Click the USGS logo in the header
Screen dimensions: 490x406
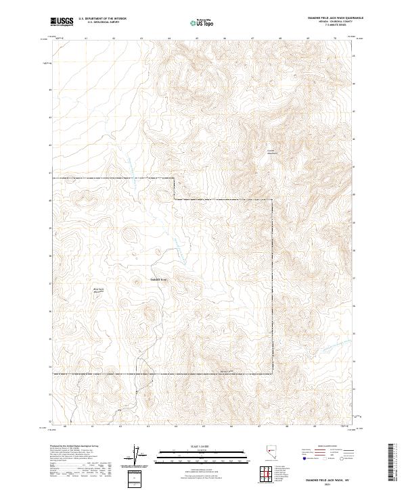click(62, 22)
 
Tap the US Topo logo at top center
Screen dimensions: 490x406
click(203, 22)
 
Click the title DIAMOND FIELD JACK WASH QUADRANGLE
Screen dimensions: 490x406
click(325, 18)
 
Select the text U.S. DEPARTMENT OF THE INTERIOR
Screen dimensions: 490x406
click(108, 18)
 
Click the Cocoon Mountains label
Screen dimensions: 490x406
click(272, 151)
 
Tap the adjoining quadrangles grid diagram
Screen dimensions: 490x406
click(268, 475)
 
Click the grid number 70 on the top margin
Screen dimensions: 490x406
click(336, 39)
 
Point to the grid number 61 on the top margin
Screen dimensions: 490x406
click(87, 39)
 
